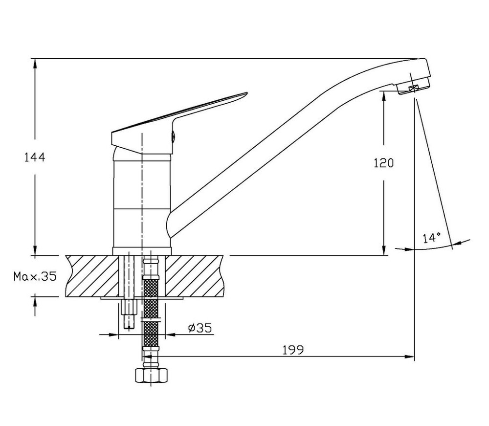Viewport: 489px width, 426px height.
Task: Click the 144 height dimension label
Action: (35, 157)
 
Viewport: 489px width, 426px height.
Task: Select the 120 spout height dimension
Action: (384, 163)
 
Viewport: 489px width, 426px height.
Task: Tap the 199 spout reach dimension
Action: (293, 350)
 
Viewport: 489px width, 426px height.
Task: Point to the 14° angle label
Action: (432, 238)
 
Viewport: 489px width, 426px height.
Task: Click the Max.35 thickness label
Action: (35, 276)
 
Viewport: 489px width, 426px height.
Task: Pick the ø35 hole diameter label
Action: (200, 328)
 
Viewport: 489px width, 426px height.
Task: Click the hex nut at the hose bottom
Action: (151, 375)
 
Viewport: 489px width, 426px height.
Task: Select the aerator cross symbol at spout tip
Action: (414, 89)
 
